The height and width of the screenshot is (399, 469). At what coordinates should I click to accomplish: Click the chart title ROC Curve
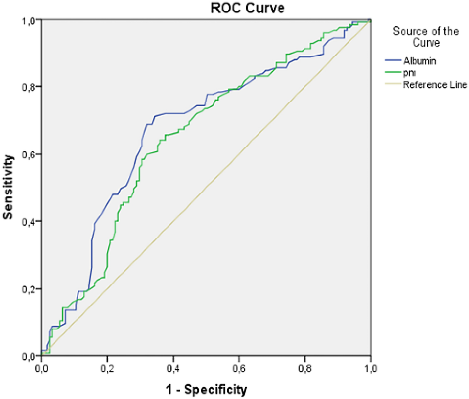click(x=247, y=8)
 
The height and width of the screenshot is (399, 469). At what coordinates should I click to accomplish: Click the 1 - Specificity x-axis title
click(x=206, y=390)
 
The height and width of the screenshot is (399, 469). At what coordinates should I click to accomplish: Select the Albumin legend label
click(x=420, y=61)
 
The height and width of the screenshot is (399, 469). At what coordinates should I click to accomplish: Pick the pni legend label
click(x=409, y=73)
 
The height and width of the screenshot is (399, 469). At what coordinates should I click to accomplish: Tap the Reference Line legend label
click(x=435, y=85)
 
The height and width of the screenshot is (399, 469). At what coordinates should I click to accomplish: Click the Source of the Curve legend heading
click(x=425, y=37)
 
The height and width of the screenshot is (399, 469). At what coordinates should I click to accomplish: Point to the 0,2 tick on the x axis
click(x=107, y=369)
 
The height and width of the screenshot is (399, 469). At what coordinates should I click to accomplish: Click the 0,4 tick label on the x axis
click(x=173, y=369)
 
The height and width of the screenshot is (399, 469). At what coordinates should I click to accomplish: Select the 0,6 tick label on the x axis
click(x=239, y=369)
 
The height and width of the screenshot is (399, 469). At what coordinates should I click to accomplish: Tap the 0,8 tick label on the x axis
click(x=305, y=369)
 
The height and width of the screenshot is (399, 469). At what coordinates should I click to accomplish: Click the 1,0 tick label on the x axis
click(x=371, y=369)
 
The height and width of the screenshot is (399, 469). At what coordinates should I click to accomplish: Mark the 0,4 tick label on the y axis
click(x=29, y=222)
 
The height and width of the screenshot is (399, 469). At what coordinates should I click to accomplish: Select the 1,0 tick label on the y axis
click(x=29, y=20)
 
